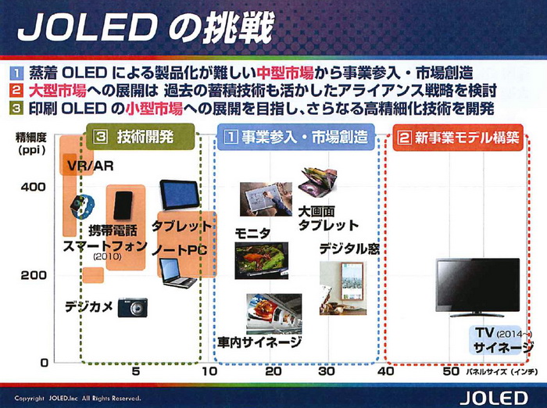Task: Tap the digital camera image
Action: [x=132, y=308]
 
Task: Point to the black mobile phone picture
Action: [x=123, y=205]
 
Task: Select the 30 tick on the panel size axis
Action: [x=327, y=372]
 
